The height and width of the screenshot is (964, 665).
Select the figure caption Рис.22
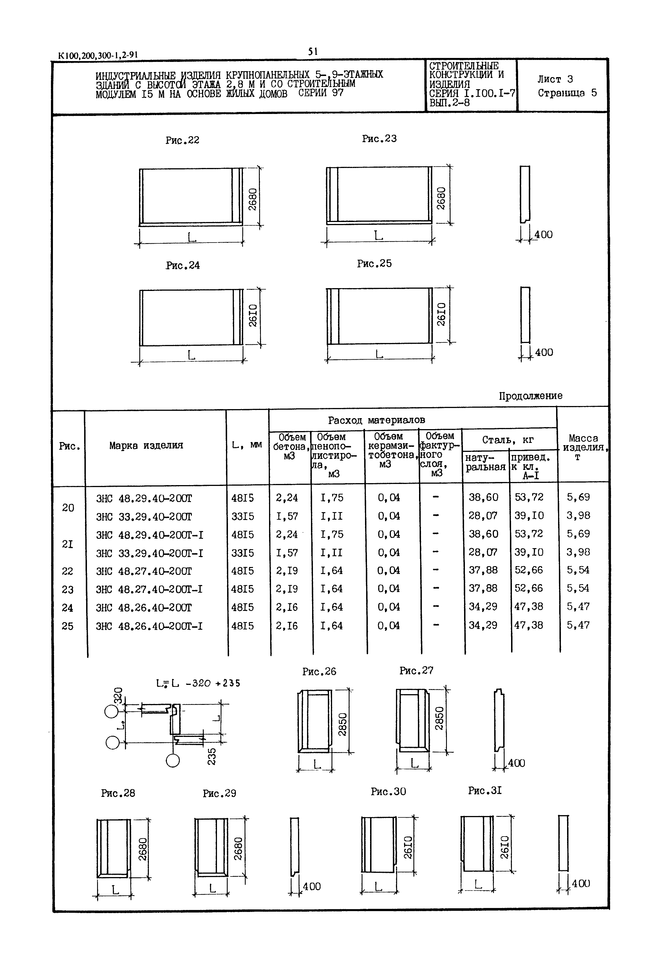(182, 140)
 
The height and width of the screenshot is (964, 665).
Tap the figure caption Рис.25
(374, 264)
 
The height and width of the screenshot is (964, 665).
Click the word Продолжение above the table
(530, 396)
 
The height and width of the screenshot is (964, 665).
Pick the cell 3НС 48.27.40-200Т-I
(149, 589)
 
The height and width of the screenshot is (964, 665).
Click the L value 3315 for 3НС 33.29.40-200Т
(243, 516)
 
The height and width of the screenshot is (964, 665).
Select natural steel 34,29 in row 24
(483, 607)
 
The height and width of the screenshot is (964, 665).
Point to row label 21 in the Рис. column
(68, 544)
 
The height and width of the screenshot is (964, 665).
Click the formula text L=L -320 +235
(198, 683)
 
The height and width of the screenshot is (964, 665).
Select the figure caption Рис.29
(219, 793)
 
